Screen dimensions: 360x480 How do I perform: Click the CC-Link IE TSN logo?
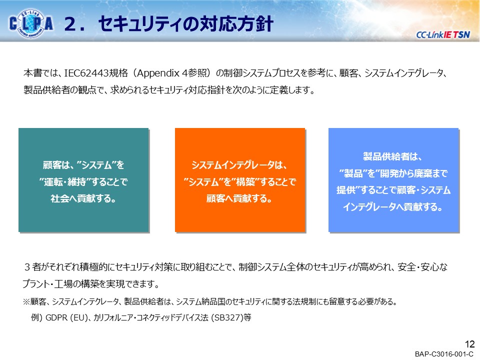[x=442, y=34]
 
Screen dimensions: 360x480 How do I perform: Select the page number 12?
[x=469, y=344]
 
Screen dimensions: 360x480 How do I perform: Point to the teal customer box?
[x=83, y=180]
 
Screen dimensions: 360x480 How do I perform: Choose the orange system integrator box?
[x=239, y=180]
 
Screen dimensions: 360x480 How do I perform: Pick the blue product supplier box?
[x=393, y=180]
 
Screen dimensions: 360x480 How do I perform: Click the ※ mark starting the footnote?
[x=26, y=302]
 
